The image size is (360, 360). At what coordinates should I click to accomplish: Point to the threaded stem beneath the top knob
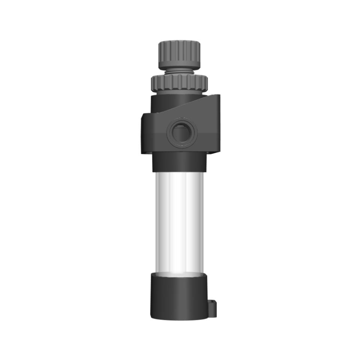click(x=179, y=71)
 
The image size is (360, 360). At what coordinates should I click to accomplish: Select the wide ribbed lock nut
click(x=179, y=81)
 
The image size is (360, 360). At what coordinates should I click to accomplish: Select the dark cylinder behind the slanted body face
click(x=172, y=102)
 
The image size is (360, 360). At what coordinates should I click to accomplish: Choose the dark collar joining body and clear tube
click(x=179, y=162)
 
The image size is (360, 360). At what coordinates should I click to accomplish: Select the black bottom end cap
click(x=179, y=296)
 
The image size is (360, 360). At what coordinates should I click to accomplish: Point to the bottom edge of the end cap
click(x=179, y=319)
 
